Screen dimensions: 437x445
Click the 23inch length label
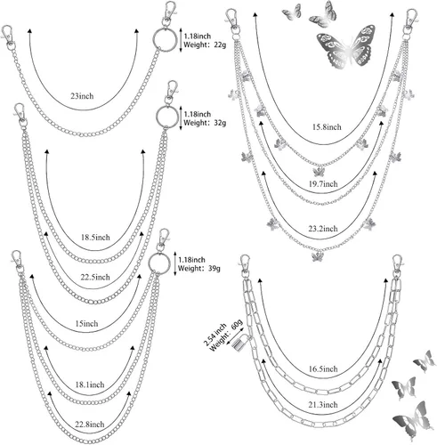[82, 96]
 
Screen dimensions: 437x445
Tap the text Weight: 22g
[205, 45]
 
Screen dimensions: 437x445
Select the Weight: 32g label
[205, 123]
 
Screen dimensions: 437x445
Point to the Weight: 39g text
[199, 269]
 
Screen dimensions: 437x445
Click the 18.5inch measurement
[95, 238]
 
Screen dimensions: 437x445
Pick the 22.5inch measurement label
[95, 277]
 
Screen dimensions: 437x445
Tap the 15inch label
[86, 323]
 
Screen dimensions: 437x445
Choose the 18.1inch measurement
[90, 384]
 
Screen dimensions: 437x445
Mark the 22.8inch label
[90, 425]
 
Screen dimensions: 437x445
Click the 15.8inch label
[327, 127]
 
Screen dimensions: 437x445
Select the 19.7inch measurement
[323, 184]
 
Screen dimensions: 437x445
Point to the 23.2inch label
[323, 229]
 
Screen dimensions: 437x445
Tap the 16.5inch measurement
[323, 369]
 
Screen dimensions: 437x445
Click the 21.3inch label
[323, 405]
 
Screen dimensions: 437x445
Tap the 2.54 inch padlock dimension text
[214, 335]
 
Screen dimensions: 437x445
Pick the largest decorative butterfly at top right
[346, 47]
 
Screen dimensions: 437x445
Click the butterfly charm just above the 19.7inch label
[320, 172]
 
